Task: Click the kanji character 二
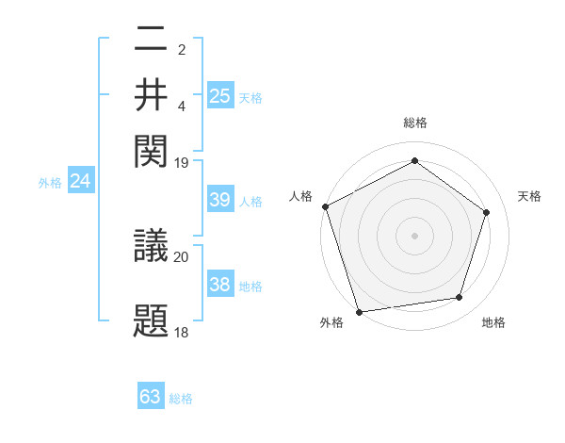point(151,41)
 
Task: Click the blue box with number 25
point(220,95)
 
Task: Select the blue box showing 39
point(220,200)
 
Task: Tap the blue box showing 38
point(220,285)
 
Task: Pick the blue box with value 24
point(80,181)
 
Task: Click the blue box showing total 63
point(151,397)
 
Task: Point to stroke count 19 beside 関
point(182,162)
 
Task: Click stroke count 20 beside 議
point(182,256)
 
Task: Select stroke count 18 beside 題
point(182,333)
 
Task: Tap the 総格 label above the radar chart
point(415,123)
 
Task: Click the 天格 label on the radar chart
point(529,196)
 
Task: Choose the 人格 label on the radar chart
point(300,196)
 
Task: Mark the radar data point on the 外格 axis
point(359,312)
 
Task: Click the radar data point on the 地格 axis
point(460,298)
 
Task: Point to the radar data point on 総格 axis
point(414,161)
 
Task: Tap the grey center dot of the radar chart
point(414,235)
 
